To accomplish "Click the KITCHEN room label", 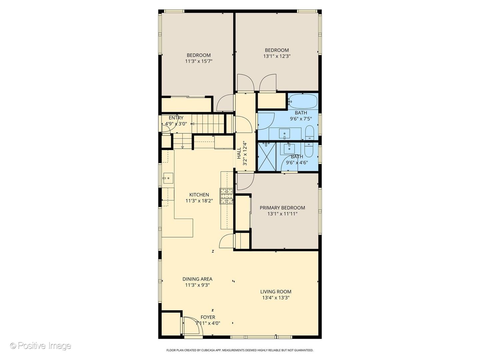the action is (199, 195).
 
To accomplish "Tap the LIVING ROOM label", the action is (276, 292).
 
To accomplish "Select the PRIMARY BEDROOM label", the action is (282, 208).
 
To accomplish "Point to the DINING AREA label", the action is (197, 279).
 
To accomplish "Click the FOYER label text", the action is (208, 317).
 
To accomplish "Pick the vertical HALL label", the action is (239, 153).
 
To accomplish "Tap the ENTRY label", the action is (176, 118).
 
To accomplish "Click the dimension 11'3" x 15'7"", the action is (199, 61).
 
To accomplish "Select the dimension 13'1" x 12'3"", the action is (277, 56).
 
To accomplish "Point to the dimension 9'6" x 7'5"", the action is (301, 119).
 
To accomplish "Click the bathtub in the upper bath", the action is (303, 101).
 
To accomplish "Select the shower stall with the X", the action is (267, 157).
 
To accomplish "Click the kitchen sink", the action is (168, 178).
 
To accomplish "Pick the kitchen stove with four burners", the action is (227, 196).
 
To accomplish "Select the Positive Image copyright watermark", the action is (41, 346).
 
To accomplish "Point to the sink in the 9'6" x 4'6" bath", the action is (289, 149).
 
